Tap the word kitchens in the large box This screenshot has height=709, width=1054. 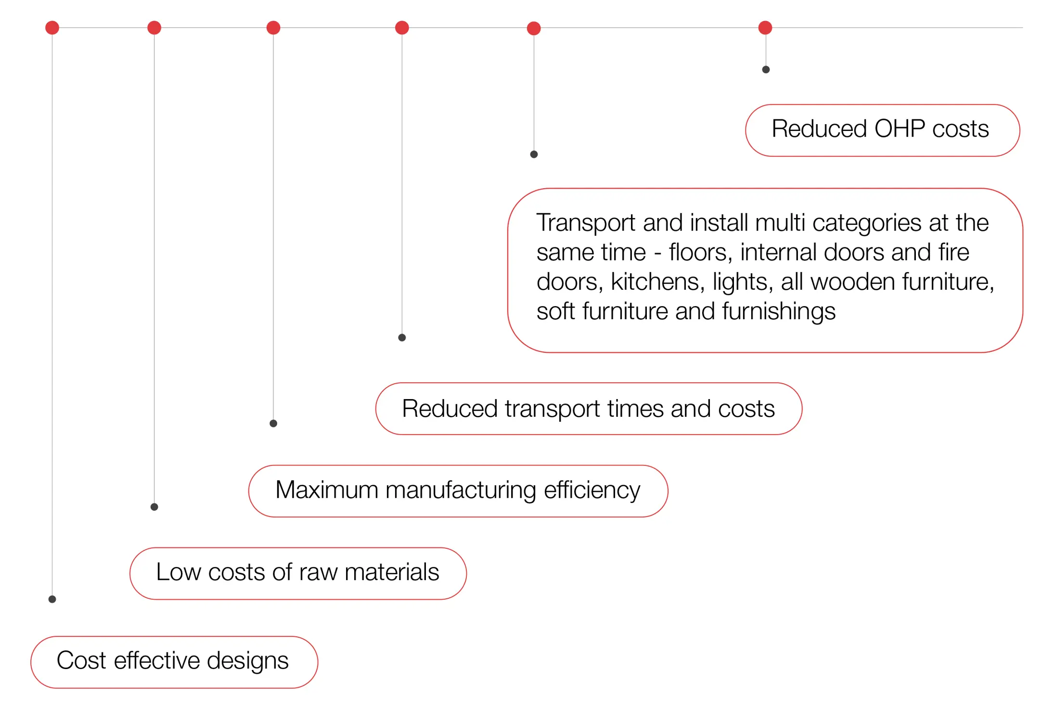[x=657, y=282]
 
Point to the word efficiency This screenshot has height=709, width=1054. [x=592, y=490]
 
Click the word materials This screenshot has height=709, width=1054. [x=392, y=572]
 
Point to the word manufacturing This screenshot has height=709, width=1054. [x=461, y=490]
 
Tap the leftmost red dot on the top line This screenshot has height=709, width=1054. [x=52, y=28]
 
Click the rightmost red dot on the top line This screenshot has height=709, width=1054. [x=765, y=28]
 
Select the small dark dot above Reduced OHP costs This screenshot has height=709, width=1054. [x=766, y=70]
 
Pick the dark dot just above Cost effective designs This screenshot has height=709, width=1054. [x=52, y=599]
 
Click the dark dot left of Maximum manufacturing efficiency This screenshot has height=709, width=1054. [x=154, y=507]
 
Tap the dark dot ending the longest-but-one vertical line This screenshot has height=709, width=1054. [x=154, y=507]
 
